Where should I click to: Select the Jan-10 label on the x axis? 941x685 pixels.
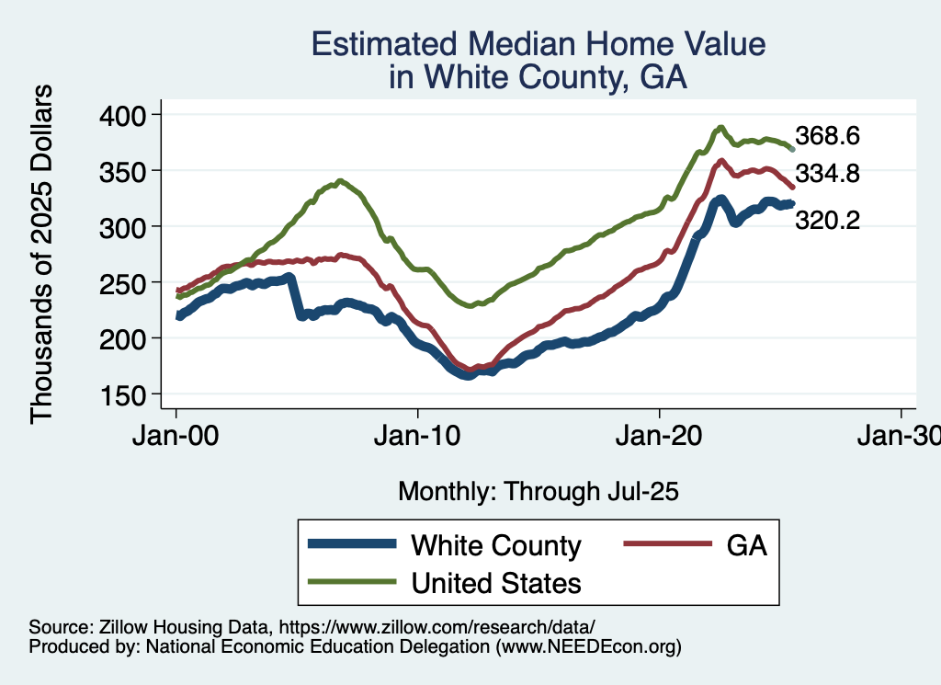click(x=418, y=434)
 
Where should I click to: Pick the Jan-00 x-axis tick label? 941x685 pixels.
click(x=176, y=434)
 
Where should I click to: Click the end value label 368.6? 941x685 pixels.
click(x=827, y=136)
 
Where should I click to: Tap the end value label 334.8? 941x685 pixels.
click(x=827, y=174)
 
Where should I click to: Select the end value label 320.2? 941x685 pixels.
click(x=827, y=221)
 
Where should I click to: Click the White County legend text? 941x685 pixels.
click(x=496, y=545)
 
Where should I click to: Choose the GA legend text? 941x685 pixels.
click(x=746, y=545)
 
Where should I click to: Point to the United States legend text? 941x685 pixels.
click(x=496, y=582)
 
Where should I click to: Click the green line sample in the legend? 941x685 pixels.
click(x=353, y=582)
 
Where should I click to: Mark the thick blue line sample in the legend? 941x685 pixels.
click(x=353, y=545)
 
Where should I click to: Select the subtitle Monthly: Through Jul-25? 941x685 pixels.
click(x=538, y=492)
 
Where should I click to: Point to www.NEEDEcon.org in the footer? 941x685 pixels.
click(x=588, y=647)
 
